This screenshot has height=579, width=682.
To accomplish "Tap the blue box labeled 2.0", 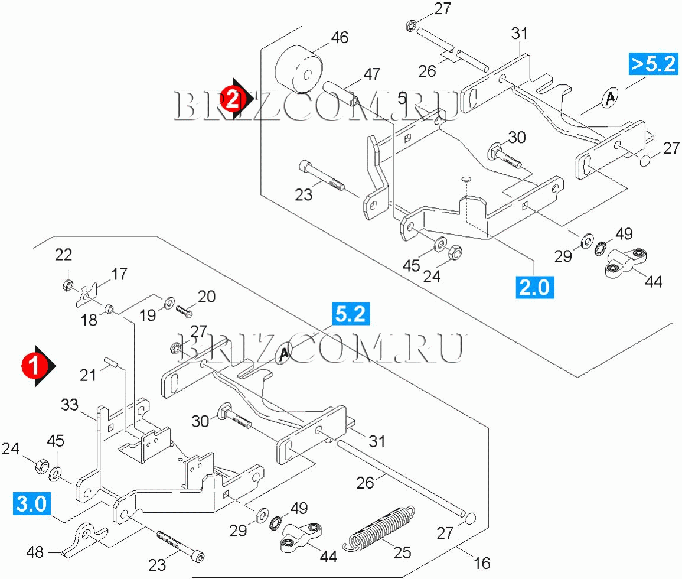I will point(534,287).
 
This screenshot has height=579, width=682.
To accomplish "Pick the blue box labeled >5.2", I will point(652,63).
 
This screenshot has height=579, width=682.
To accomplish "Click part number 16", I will point(482,562).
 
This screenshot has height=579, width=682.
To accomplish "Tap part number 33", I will point(70,405).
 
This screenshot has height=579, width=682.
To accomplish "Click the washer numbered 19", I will point(168,304).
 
